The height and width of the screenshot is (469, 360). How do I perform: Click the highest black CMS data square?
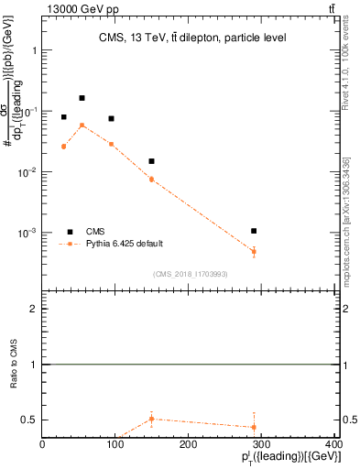tap(82, 98)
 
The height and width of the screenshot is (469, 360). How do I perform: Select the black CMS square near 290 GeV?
tap(254, 231)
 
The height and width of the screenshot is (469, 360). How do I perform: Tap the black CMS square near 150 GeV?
tap(151, 161)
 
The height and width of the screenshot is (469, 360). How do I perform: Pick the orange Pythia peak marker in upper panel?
tap(82, 125)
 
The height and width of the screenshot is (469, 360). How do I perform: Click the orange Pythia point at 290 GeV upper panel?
tap(254, 251)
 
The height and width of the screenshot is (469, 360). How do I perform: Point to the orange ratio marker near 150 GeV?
tap(151, 419)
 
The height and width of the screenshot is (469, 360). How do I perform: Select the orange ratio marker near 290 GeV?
tap(254, 427)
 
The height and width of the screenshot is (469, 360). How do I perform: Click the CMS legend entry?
tap(96, 232)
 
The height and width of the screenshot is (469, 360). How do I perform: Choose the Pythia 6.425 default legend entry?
tap(125, 244)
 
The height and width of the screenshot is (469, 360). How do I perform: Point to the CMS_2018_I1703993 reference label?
tap(191, 274)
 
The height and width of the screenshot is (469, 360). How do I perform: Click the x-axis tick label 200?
tap(189, 445)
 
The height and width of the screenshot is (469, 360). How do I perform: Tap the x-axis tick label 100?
tap(115, 445)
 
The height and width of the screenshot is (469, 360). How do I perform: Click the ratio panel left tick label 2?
tap(34, 310)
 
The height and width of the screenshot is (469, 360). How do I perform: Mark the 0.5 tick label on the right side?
tap(349, 420)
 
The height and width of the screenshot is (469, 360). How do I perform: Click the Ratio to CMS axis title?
tap(14, 389)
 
